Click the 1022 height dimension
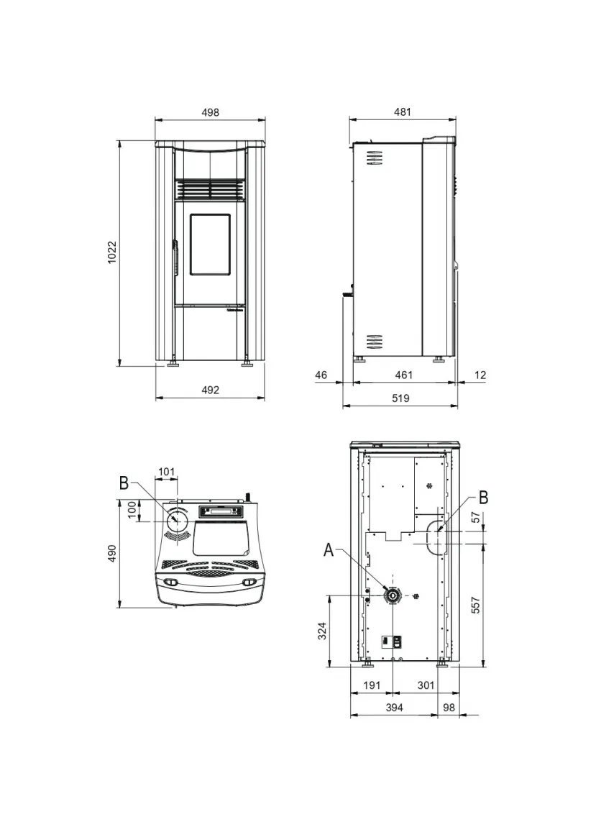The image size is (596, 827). (111, 252)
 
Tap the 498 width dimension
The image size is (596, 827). (210, 112)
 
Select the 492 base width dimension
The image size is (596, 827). (210, 390)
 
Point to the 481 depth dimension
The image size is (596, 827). (403, 111)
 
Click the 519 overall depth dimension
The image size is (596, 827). (401, 398)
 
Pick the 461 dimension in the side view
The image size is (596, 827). (404, 375)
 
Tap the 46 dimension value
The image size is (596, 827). (321, 375)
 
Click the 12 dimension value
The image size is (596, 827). (480, 375)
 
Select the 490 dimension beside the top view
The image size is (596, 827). (112, 553)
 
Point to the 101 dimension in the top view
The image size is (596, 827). (166, 472)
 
